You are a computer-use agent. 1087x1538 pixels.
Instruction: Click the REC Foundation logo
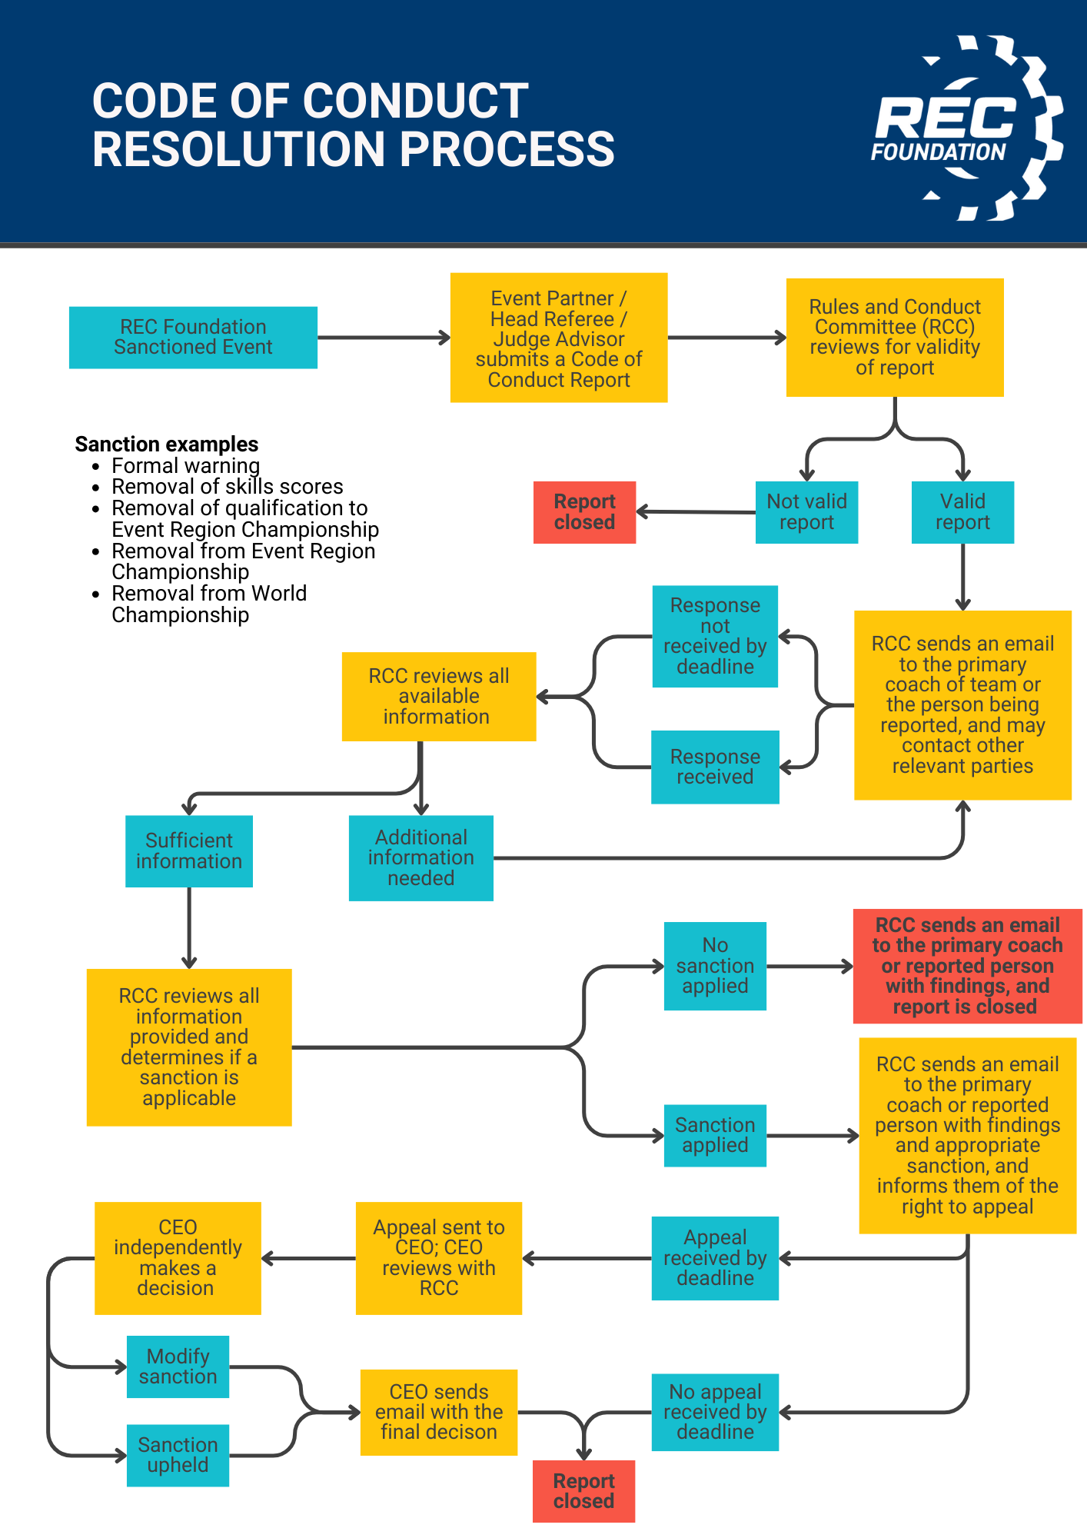pyautogui.click(x=967, y=128)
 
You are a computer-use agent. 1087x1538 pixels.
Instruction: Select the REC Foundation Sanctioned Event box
pyautogui.click(x=193, y=337)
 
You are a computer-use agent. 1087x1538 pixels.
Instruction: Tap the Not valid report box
pyautogui.click(x=806, y=512)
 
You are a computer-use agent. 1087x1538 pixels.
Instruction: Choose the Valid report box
pyautogui.click(x=962, y=512)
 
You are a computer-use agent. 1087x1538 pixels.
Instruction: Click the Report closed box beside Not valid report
pyautogui.click(x=584, y=512)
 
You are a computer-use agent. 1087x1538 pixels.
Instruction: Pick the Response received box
pyautogui.click(x=715, y=767)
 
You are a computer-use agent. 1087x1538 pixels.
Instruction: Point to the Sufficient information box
pyautogui.click(x=189, y=851)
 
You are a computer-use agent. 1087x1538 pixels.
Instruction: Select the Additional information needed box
pyautogui.click(x=421, y=857)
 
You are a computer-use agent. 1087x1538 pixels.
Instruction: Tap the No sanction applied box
pyautogui.click(x=715, y=965)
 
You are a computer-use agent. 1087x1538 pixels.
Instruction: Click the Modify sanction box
pyautogui.click(x=178, y=1367)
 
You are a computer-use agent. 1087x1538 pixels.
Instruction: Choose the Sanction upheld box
pyautogui.click(x=178, y=1455)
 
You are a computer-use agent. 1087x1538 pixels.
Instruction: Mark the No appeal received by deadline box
pyautogui.click(x=715, y=1412)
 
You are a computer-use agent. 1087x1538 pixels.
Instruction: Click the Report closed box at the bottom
pyautogui.click(x=583, y=1491)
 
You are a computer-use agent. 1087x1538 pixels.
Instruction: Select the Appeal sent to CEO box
pyautogui.click(x=439, y=1258)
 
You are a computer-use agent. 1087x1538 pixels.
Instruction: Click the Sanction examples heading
pyautogui.click(x=167, y=444)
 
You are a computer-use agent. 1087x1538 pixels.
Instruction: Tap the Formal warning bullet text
pyautogui.click(x=185, y=466)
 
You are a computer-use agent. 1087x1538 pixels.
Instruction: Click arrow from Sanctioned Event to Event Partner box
pyautogui.click(x=384, y=337)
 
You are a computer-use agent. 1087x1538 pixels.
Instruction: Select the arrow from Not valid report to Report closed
pyautogui.click(x=696, y=511)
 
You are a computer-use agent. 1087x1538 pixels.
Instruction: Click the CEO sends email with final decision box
pyautogui.click(x=439, y=1412)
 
